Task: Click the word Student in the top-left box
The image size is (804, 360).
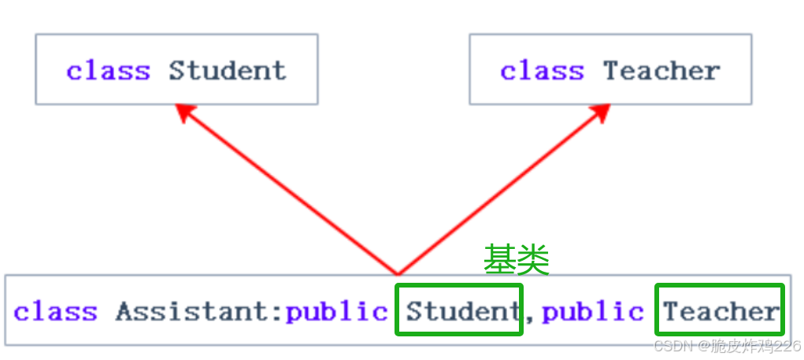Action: (227, 70)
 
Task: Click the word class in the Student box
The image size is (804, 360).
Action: (107, 70)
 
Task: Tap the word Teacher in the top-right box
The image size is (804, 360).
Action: (661, 70)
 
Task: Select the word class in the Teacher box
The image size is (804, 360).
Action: (542, 70)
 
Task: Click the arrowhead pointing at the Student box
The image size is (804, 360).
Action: (184, 113)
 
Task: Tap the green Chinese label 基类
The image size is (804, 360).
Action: (516, 259)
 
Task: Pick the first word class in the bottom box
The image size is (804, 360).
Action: (55, 312)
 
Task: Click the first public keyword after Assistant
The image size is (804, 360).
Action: (337, 312)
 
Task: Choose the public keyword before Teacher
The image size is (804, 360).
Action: (593, 312)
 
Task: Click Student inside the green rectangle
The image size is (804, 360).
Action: (458, 312)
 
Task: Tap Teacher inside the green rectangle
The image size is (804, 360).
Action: (720, 312)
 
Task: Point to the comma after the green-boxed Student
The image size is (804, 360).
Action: (529, 317)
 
